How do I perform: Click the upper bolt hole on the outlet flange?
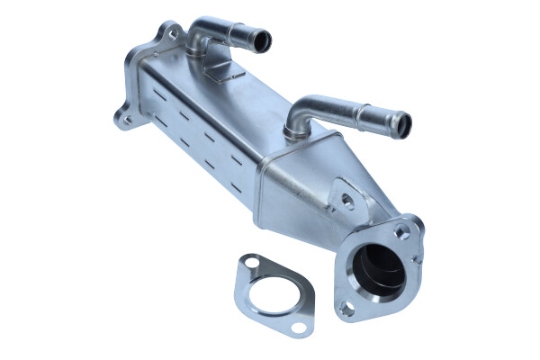pos(402,231)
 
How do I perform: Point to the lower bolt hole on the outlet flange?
pos(346,309)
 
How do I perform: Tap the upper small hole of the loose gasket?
pos(252,263)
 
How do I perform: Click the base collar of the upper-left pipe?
pos(200,51)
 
